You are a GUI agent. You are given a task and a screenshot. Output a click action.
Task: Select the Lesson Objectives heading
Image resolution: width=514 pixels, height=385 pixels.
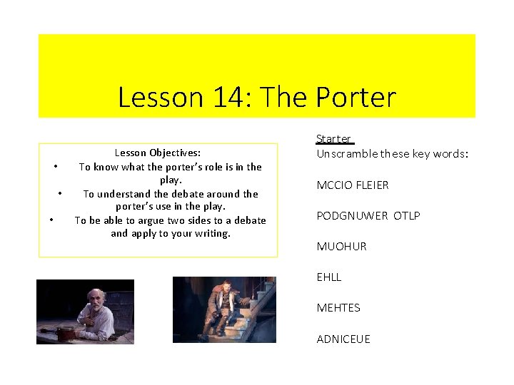tap(158, 153)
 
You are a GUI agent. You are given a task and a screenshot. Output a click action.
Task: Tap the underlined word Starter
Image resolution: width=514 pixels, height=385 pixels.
tap(333, 139)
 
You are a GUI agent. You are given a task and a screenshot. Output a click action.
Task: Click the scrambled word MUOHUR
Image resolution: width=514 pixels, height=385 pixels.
tap(341, 247)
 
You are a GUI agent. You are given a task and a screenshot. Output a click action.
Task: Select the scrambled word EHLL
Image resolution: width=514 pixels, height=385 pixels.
tap(329, 277)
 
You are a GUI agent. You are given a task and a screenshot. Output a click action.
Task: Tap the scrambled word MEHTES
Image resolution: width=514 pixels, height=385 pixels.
tap(338, 308)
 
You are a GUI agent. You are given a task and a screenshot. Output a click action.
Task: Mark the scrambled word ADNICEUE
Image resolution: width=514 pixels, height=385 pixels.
tap(343, 339)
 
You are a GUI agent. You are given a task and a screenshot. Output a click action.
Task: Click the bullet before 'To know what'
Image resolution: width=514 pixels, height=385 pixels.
tap(55, 167)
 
